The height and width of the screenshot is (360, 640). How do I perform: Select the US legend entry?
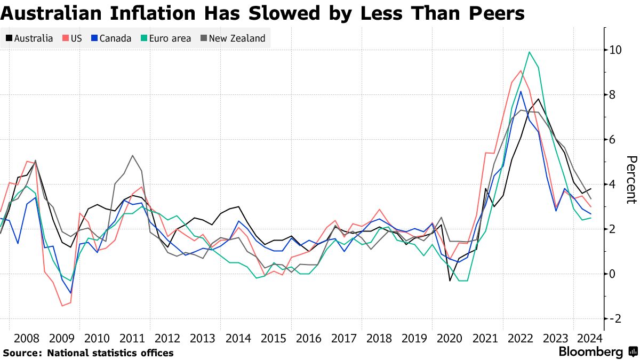[72, 38]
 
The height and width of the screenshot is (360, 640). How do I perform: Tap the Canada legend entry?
[111, 38]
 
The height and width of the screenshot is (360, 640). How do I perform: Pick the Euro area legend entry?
[165, 38]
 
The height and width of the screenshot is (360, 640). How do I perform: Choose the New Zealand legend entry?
[233, 38]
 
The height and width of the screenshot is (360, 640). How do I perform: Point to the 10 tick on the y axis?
[615, 50]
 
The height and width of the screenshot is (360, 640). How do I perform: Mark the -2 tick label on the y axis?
[615, 319]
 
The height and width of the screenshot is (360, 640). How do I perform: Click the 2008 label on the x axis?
[27, 339]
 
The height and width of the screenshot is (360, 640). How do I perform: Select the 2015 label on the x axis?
[273, 339]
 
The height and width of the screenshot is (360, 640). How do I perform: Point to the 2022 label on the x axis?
[519, 339]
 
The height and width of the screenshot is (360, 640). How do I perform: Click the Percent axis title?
[631, 180]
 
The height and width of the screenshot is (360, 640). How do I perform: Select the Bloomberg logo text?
[590, 352]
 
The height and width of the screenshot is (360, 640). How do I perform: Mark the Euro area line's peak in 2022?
[529, 52]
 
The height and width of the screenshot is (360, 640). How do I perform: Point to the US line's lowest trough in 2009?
[62, 306]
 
